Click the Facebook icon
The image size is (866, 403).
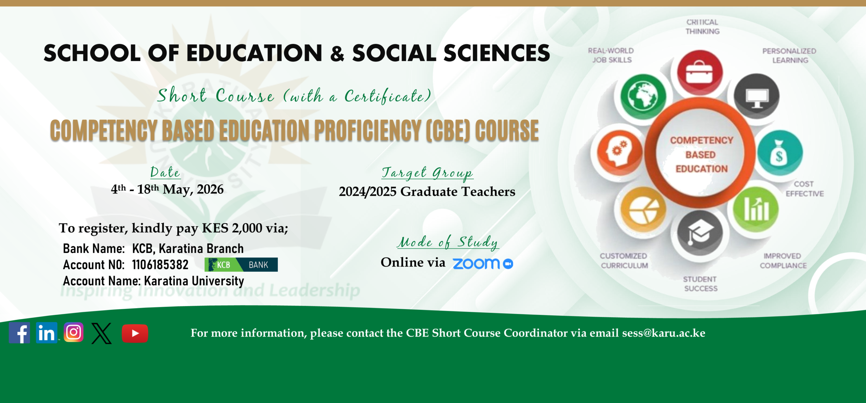(19, 333)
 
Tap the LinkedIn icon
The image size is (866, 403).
(47, 333)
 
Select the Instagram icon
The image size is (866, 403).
(74, 332)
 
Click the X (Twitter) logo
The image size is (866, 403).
(101, 334)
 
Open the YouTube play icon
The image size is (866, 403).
(135, 334)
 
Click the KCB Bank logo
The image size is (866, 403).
(241, 264)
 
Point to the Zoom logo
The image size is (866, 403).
(483, 264)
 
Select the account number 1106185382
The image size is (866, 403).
(160, 264)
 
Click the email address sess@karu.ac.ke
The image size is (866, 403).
(664, 333)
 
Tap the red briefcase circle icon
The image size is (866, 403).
(699, 72)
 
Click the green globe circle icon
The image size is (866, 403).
(643, 96)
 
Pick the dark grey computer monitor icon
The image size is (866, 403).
(757, 96)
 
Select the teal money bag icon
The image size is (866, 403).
(780, 153)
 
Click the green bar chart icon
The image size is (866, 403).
(756, 209)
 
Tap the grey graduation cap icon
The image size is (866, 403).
(700, 233)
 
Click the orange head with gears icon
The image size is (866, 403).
(620, 153)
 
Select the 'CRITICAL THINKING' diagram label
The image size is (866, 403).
(702, 27)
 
